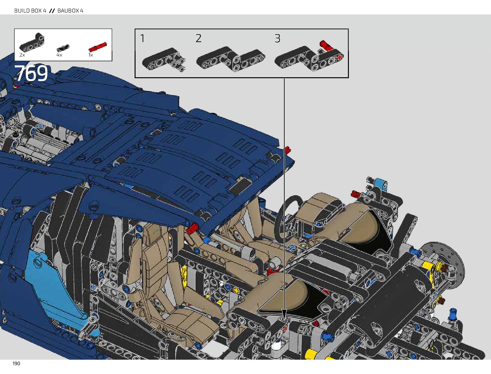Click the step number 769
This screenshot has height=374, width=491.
pos(31,73)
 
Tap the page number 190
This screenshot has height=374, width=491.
pos(16,364)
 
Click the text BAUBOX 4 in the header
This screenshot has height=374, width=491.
pos(70,11)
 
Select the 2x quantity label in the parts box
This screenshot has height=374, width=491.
pos(22,55)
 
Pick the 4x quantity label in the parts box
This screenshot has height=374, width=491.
pos(59,55)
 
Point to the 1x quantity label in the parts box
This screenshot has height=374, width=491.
pos(91,55)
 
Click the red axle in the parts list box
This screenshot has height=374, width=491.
pos(98,47)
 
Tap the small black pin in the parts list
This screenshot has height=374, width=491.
pos(63,48)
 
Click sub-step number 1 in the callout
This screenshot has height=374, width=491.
pos(142,38)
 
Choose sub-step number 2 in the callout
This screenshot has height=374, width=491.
pos(199,38)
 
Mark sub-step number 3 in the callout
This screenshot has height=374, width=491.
pos(277,38)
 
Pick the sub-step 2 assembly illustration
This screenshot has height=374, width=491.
pos(231,59)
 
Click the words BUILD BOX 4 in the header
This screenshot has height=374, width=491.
pos(30,11)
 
